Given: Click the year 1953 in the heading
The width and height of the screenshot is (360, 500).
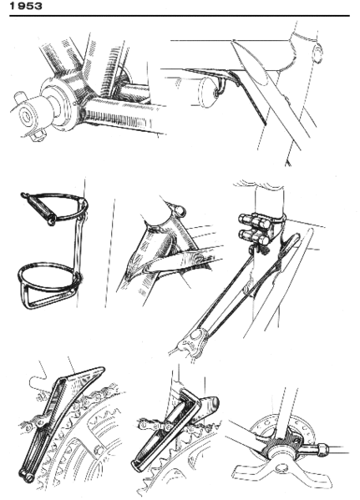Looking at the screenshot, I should click(21, 6).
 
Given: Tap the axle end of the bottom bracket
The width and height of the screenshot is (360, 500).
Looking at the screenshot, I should click(24, 108).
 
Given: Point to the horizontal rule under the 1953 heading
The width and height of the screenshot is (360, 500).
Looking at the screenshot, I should click(180, 18).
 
